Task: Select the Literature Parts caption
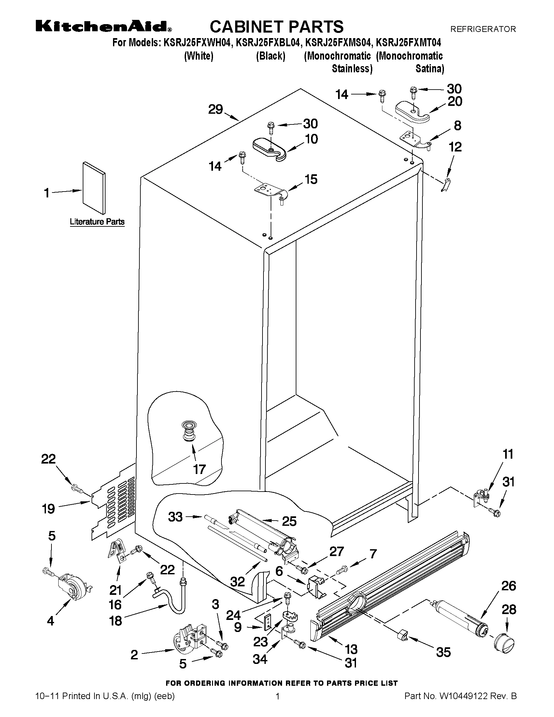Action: point(97,222)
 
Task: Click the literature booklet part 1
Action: point(94,187)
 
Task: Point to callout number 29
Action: point(216,109)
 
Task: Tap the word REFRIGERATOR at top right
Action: point(483,29)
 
